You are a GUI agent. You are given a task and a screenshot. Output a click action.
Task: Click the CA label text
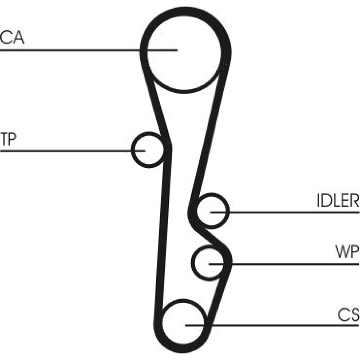(13, 38)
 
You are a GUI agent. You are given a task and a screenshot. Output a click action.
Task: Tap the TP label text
(8, 139)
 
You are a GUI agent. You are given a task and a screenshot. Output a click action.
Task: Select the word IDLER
(338, 201)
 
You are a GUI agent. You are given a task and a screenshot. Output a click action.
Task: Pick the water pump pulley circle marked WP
(210, 263)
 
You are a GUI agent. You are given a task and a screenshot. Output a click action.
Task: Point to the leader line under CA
(72, 50)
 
